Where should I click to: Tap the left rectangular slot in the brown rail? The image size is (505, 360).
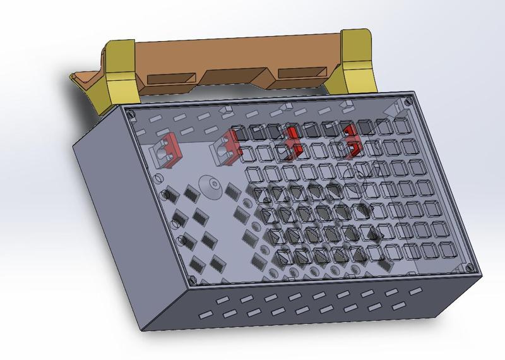click(171, 79)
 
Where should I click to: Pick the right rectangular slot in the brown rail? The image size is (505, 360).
click(302, 73)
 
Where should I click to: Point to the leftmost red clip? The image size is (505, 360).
click(170, 148)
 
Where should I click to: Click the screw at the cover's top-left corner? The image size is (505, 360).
click(131, 115)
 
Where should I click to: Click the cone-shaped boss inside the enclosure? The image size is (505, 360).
click(210, 186)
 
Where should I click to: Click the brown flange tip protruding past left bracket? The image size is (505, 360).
click(78, 78)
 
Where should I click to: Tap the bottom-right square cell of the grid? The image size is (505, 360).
click(449, 251)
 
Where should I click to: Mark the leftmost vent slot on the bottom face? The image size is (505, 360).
click(206, 314)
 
